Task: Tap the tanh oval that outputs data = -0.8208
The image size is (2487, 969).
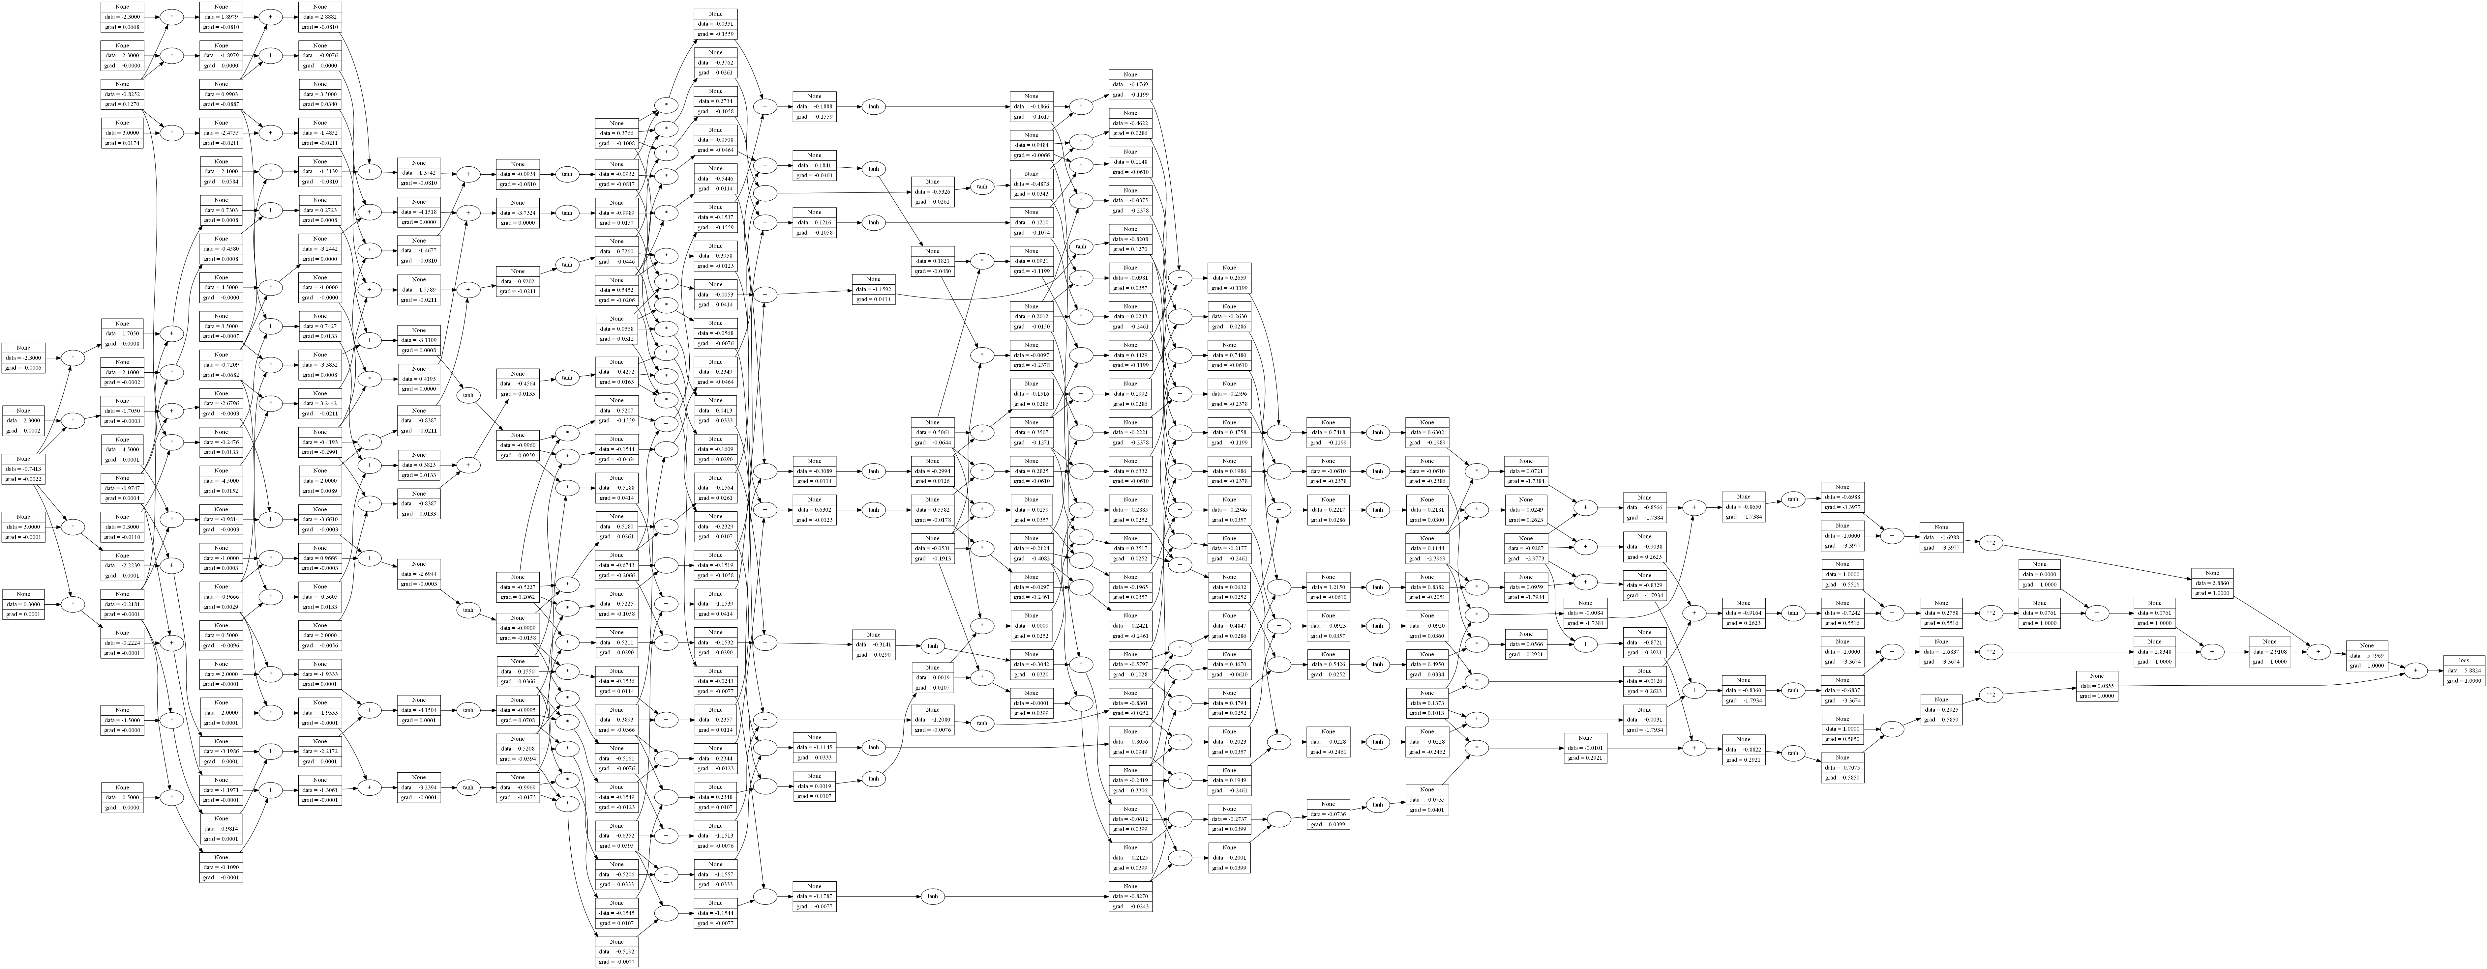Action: tap(1081, 247)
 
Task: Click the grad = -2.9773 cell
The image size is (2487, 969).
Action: tap(1525, 558)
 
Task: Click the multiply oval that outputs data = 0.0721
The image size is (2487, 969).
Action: tap(1476, 472)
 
